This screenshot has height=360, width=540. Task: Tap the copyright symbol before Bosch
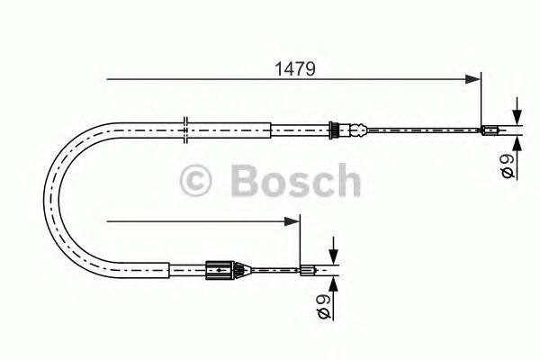coord(196,181)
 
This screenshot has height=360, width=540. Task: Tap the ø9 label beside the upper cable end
coord(508,166)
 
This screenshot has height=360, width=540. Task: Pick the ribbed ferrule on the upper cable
coord(336,130)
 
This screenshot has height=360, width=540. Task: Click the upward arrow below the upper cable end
coord(517,141)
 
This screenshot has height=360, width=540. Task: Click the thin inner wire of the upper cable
coord(423,130)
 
